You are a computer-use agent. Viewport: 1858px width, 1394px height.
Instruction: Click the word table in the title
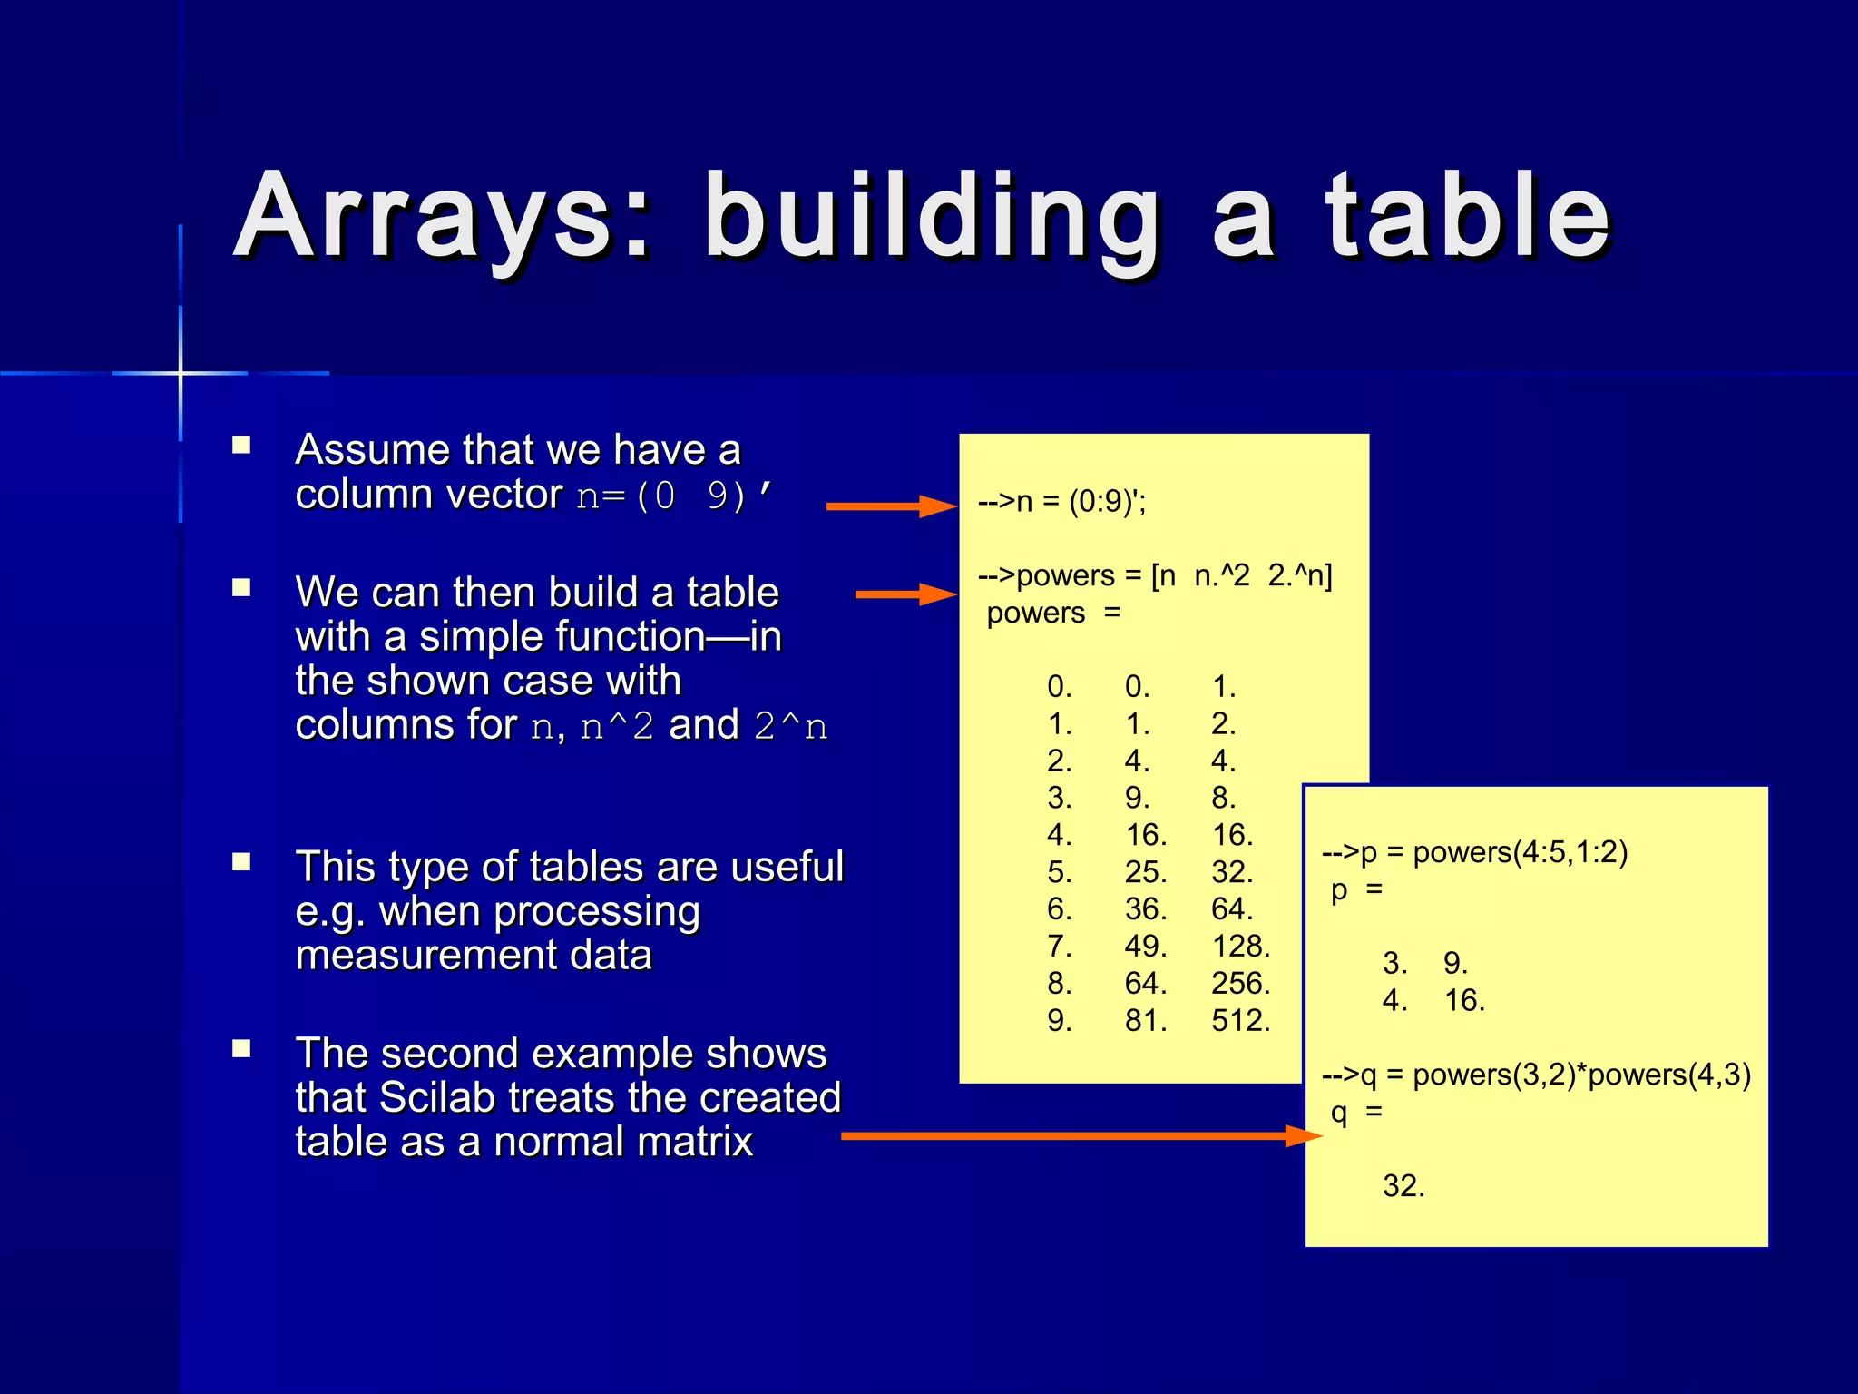click(1467, 218)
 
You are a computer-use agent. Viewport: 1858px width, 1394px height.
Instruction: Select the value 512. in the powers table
click(1240, 1021)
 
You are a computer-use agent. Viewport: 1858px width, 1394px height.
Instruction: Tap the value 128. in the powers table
click(1240, 947)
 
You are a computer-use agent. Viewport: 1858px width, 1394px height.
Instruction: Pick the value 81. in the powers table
click(1145, 1021)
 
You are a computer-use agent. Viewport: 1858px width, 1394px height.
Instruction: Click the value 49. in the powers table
click(1145, 947)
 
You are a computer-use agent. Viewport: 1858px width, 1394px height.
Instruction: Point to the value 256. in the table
click(1240, 984)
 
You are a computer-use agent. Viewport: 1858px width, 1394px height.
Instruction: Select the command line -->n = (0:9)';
click(1061, 501)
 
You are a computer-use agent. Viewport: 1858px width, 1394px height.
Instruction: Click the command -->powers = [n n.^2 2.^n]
click(1154, 575)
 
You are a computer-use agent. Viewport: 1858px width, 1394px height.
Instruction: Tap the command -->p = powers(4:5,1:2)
click(1474, 852)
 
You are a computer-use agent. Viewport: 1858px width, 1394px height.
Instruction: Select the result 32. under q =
click(1403, 1186)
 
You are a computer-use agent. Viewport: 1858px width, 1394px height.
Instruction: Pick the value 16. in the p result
click(1463, 1001)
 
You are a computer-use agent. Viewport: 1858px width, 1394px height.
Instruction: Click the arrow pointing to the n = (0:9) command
click(891, 506)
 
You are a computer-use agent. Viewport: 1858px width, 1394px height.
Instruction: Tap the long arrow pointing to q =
click(1080, 1135)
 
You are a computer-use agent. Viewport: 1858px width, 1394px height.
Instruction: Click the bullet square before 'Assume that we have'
click(241, 445)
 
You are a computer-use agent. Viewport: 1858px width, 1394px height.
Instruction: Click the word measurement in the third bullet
click(474, 956)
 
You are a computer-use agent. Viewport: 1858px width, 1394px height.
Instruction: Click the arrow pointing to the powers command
click(905, 594)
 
